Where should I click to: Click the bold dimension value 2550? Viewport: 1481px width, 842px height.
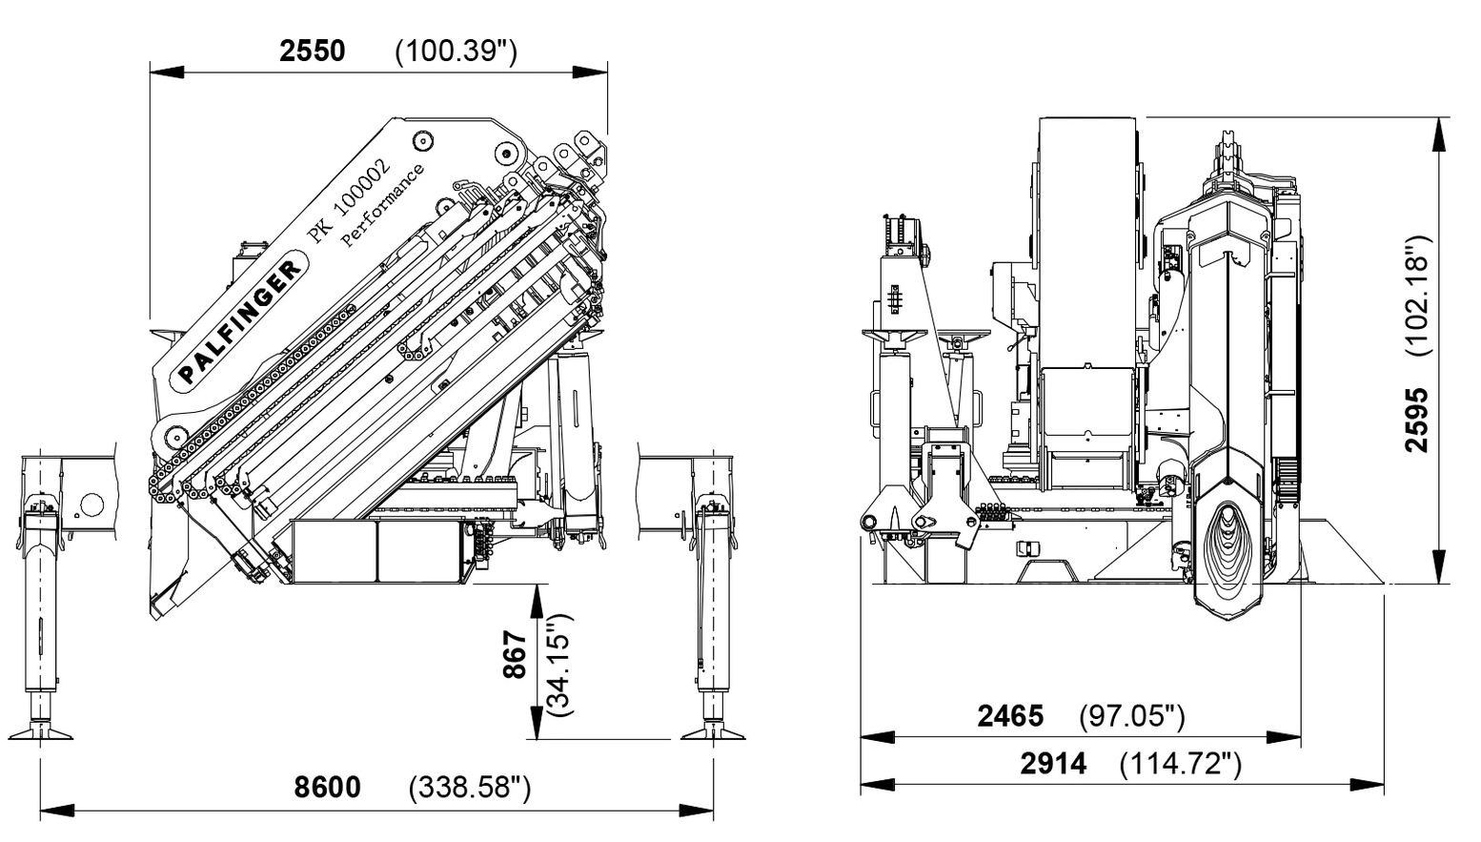(x=312, y=51)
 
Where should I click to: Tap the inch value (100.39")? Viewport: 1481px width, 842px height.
(x=456, y=51)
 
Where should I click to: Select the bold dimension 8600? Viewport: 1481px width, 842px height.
(x=328, y=788)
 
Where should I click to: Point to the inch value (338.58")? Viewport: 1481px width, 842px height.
(x=469, y=788)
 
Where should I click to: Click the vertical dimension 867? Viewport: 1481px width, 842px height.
(x=515, y=655)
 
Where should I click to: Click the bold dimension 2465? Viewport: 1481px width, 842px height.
(x=1010, y=715)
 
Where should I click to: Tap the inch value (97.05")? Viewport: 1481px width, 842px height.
(x=1131, y=715)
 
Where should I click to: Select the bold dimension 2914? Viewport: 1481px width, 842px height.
(x=1053, y=764)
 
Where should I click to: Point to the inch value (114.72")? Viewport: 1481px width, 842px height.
(x=1181, y=764)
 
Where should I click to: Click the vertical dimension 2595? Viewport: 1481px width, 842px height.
(x=1418, y=420)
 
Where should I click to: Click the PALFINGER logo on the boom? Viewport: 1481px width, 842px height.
(x=236, y=323)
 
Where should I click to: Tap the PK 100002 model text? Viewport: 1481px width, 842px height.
(x=344, y=199)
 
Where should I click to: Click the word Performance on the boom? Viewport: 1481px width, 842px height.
(x=383, y=208)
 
